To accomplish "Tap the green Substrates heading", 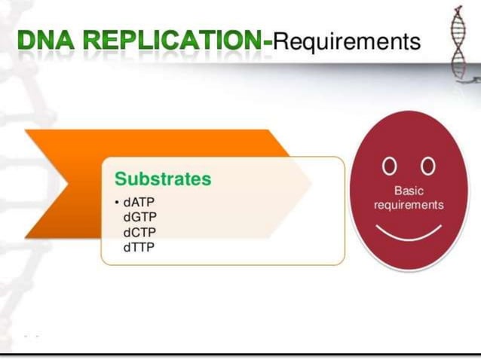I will (x=163, y=179).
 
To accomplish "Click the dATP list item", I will (x=139, y=203).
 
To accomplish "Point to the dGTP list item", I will (x=139, y=217).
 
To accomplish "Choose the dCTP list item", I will (x=139, y=231).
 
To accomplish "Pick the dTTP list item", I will (x=139, y=246).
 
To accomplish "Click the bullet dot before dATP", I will (x=117, y=203).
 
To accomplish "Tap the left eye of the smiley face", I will (x=388, y=164).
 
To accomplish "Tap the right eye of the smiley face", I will (x=428, y=164).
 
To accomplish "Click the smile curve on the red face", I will (x=409, y=233).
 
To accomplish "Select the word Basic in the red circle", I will (x=409, y=191).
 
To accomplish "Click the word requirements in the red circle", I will (x=409, y=205).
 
